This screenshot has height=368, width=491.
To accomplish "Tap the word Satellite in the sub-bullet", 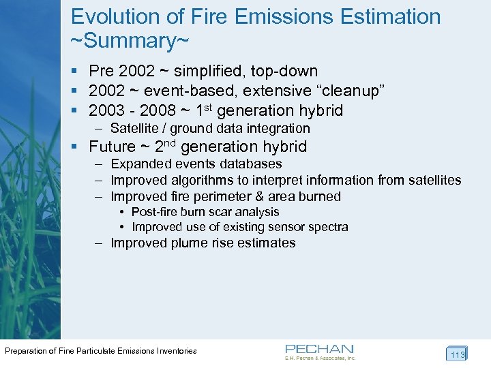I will pyautogui.click(x=137, y=128).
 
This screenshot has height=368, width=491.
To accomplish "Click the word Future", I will pyautogui.click(x=113, y=147).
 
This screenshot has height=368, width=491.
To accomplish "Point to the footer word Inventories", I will pyautogui.click(x=176, y=351).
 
